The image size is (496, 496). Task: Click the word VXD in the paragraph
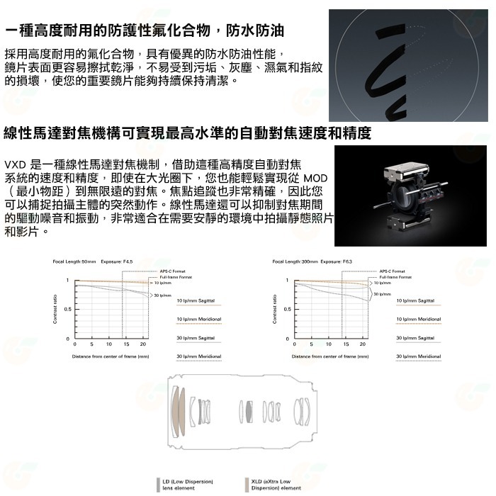coord(17,163)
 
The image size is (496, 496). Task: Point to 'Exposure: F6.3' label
coord(337,261)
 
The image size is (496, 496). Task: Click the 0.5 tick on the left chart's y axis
coord(67,310)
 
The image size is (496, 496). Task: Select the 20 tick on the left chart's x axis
coord(144,344)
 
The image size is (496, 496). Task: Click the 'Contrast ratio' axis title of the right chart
coord(274,309)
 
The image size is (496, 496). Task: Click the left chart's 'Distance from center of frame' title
coord(110,356)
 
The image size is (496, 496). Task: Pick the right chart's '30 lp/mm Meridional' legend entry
coord(418,356)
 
